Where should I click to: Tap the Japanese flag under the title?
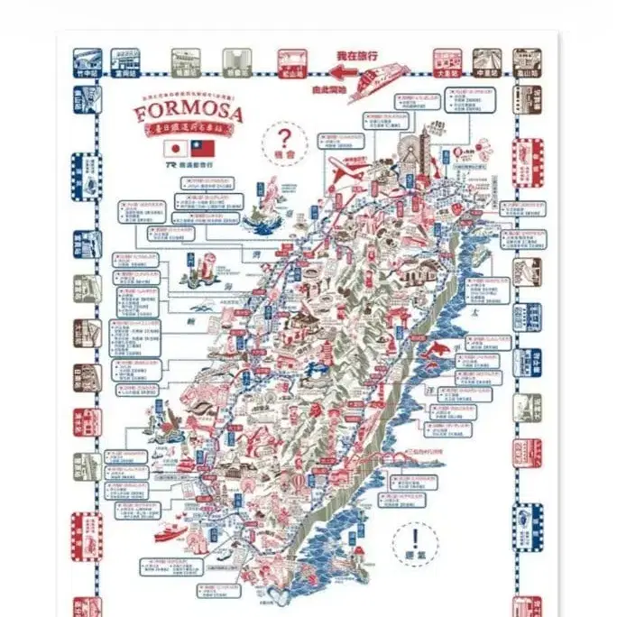tap(174, 149)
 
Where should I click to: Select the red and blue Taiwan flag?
tap(203, 149)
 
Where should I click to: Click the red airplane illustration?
tap(348, 171)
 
